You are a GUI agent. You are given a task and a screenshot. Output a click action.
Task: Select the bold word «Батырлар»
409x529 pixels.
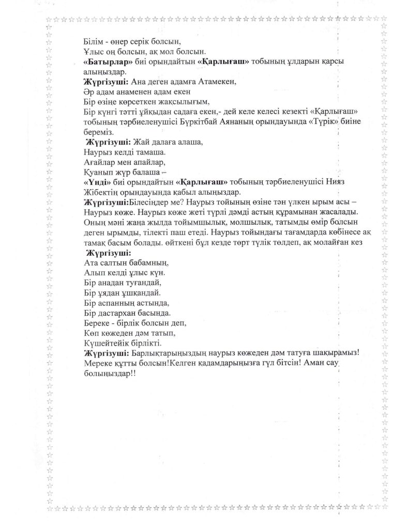point(105,61)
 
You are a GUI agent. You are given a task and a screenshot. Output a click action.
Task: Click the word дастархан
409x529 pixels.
point(117,313)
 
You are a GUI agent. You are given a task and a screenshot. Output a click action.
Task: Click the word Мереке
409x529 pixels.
point(98,363)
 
